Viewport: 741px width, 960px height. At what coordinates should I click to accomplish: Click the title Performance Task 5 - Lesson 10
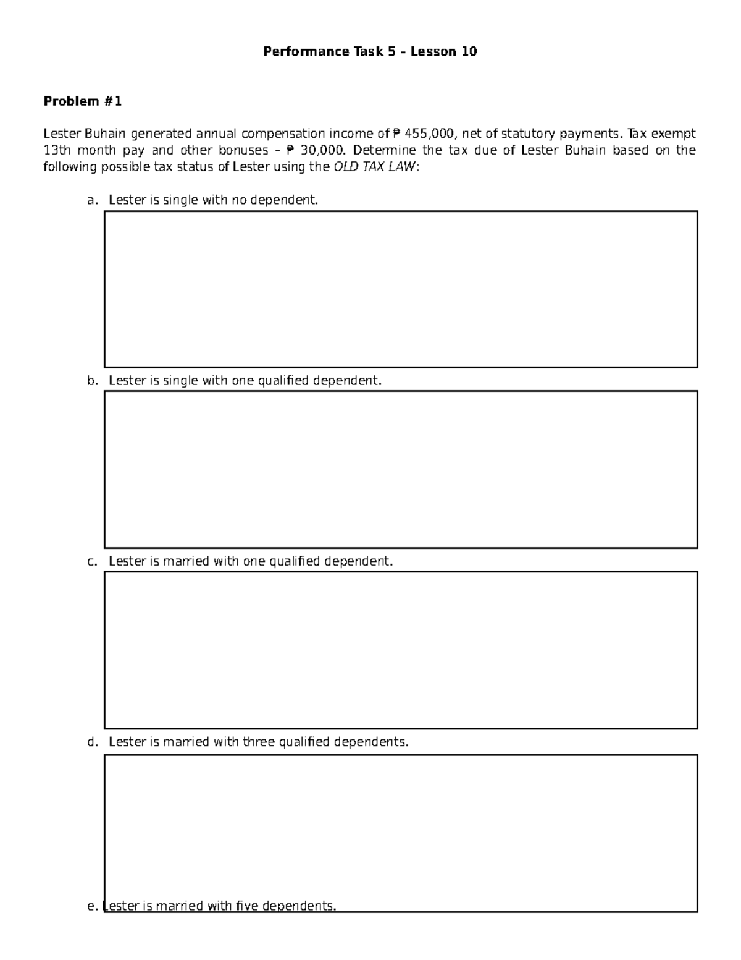click(370, 51)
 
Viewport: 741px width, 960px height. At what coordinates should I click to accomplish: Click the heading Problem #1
click(82, 101)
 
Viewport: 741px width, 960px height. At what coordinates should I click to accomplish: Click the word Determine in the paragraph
click(384, 150)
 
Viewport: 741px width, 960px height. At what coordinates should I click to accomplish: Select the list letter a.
click(92, 200)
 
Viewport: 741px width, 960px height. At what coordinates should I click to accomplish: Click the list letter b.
click(92, 381)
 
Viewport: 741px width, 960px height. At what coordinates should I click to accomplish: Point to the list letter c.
click(92, 562)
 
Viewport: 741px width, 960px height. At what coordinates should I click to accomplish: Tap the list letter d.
click(92, 742)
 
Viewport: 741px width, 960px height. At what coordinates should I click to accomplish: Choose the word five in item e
click(247, 907)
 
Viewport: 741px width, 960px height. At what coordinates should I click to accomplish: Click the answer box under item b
click(400, 469)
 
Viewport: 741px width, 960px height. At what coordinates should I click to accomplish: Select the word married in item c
click(185, 562)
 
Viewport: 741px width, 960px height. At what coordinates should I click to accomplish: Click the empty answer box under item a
click(400, 289)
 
